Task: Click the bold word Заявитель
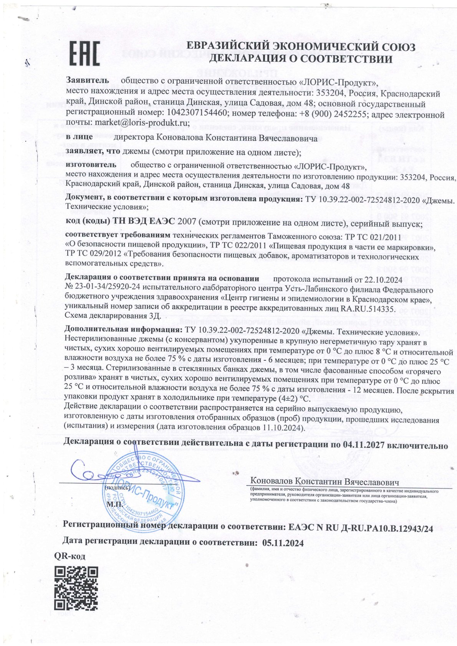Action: click(88, 81)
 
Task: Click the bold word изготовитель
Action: click(91, 165)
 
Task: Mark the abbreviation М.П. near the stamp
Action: click(114, 503)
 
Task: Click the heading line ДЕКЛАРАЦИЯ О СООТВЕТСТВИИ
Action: click(301, 59)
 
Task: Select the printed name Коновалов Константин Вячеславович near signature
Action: click(325, 481)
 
